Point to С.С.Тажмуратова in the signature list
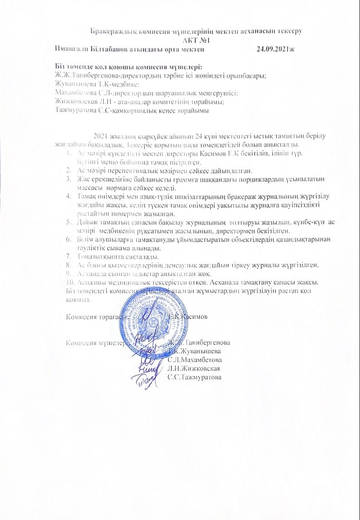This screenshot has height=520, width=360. click(x=194, y=377)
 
